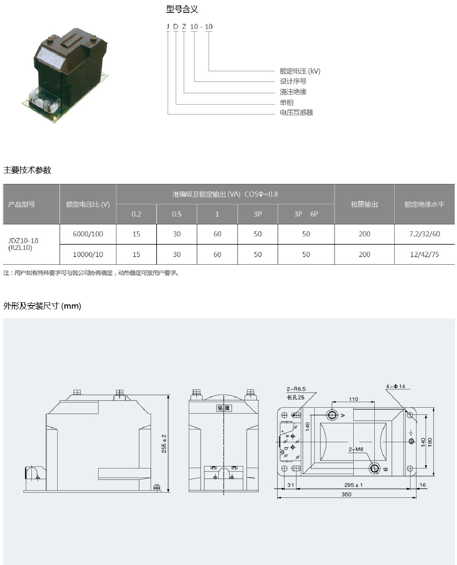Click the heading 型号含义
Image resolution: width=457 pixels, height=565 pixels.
(182, 9)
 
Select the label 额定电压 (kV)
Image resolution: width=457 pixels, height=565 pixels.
(300, 71)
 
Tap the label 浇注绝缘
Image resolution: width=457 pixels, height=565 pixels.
(293, 92)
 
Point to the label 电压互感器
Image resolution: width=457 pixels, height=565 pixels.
(296, 112)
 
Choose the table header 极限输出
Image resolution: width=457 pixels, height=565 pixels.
(364, 204)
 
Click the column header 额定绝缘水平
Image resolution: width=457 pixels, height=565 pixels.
(424, 204)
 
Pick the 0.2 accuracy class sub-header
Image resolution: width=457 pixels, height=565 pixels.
(136, 214)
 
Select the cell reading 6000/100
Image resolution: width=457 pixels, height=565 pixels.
(88, 234)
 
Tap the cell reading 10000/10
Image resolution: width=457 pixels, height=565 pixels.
(88, 254)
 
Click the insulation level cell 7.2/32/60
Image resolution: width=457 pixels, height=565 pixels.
(424, 234)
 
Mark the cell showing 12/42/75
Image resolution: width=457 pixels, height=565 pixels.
(424, 254)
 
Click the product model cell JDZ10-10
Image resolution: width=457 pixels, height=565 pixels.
(23, 241)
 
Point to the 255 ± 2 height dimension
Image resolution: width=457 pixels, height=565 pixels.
(164, 443)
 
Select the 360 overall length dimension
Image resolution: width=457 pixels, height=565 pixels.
(346, 494)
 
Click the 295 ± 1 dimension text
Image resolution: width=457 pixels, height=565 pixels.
(353, 485)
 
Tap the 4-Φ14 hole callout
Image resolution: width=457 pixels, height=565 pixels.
(395, 386)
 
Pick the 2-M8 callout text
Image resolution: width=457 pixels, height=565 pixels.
(356, 449)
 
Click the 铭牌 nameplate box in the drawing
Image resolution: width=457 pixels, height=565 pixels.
(224, 408)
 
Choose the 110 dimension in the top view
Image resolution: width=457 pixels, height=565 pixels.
(353, 399)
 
